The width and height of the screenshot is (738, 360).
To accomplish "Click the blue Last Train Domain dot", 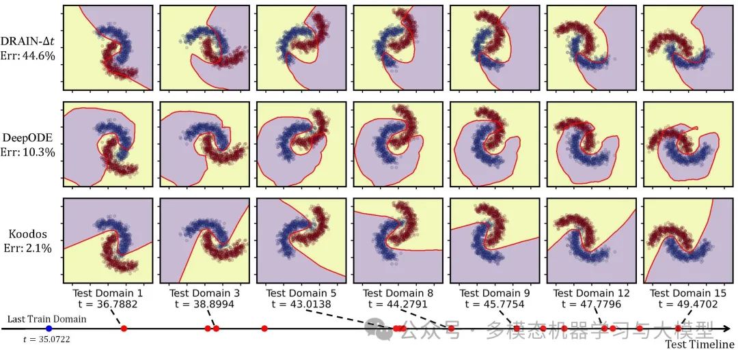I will (49, 329).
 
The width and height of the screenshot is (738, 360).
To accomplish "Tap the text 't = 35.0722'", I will (47, 340).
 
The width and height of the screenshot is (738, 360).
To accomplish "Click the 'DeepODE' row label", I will (31, 137).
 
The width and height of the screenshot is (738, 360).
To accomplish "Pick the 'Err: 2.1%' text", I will (31, 247).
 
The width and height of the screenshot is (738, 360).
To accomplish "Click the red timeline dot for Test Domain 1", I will (124, 329).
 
